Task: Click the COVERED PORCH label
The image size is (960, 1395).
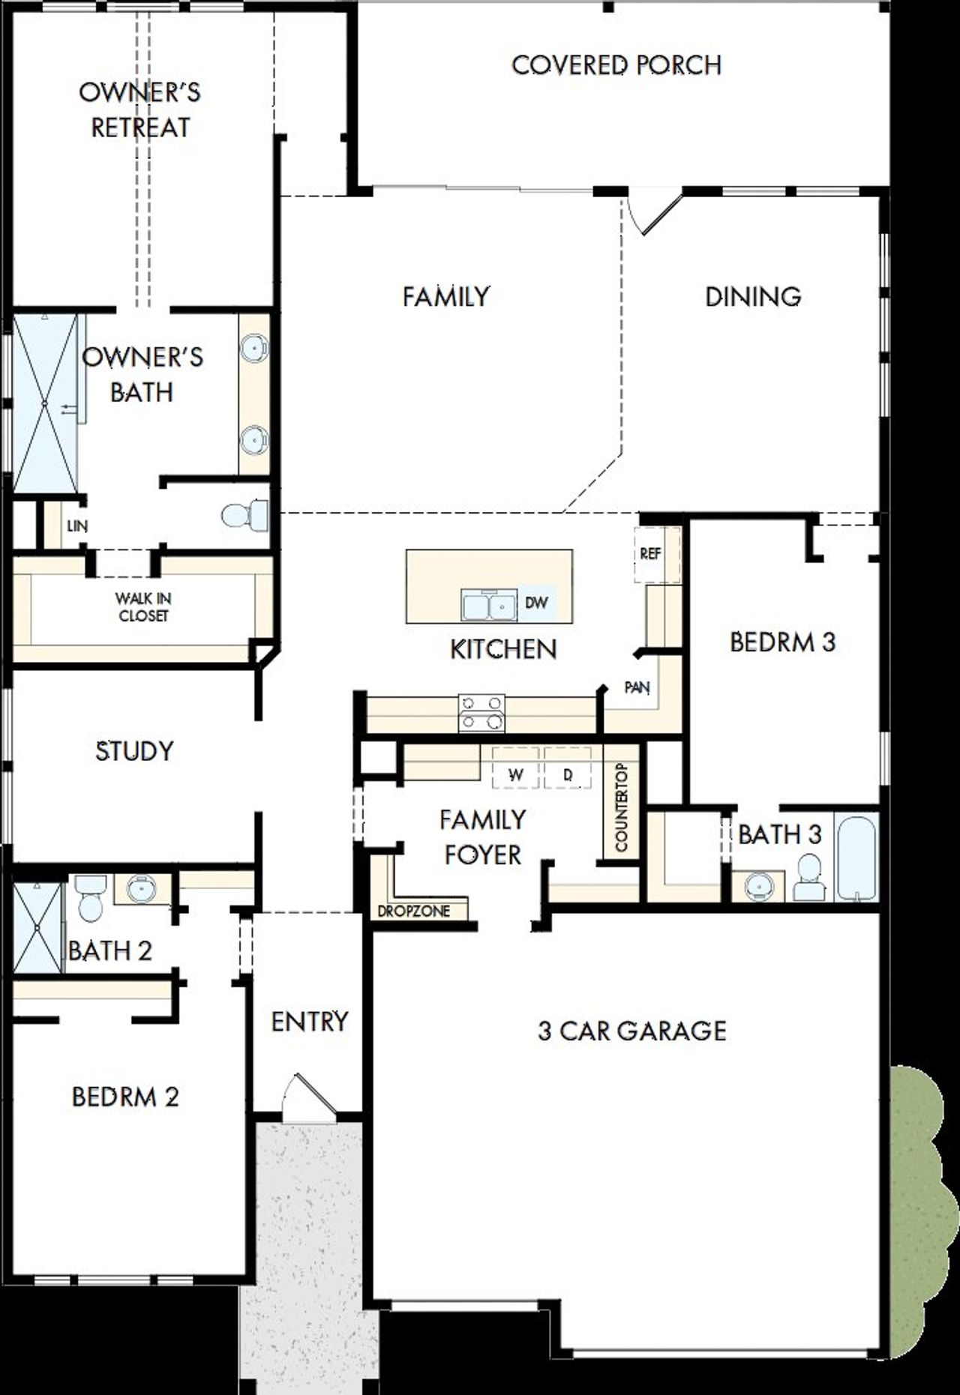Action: point(616,65)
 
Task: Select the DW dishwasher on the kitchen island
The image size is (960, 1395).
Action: point(536,603)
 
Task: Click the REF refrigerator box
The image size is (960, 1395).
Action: point(650,554)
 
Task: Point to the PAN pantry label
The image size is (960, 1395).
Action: point(637,687)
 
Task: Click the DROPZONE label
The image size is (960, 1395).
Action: point(414,912)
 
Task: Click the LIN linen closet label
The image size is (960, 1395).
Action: point(76,526)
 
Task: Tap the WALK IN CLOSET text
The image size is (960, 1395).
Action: point(142,607)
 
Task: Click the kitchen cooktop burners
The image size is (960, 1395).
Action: point(481,713)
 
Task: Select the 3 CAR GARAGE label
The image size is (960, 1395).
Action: point(631,1031)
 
